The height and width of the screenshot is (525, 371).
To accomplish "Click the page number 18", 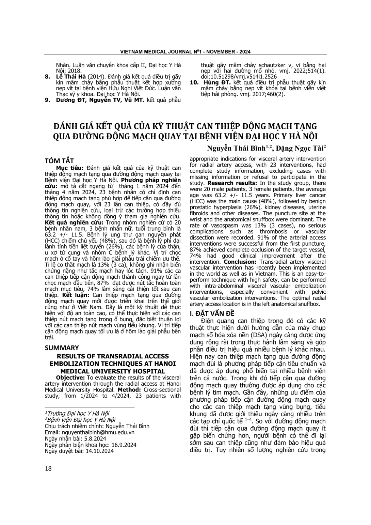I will coord(48,468).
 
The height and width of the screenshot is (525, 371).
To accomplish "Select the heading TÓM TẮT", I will coord(59,161).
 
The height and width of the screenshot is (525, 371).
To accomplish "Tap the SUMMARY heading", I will coord(62,348).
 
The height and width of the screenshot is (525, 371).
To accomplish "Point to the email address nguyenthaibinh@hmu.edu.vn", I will coord(90,432).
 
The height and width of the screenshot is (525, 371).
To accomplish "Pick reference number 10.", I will coord(194,83).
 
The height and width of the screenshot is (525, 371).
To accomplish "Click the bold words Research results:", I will coord(224,183).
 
